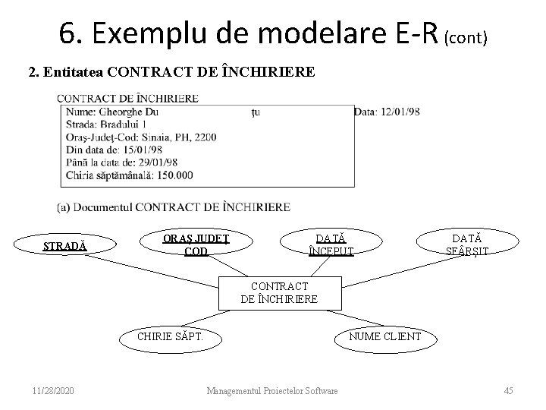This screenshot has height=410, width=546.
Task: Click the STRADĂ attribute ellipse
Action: [64, 247]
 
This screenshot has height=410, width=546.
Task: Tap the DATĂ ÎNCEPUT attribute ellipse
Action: [331, 244]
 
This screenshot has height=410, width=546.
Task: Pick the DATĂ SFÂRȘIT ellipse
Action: [467, 244]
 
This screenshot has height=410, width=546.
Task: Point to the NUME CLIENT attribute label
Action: [384, 336]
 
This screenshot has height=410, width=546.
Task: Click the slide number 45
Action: [508, 390]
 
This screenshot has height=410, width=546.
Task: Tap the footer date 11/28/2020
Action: [54, 390]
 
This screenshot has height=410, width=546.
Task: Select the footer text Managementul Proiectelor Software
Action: [272, 390]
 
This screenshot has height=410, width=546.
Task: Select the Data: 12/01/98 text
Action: [387, 112]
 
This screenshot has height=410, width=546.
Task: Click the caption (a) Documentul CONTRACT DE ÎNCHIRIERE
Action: [174, 207]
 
